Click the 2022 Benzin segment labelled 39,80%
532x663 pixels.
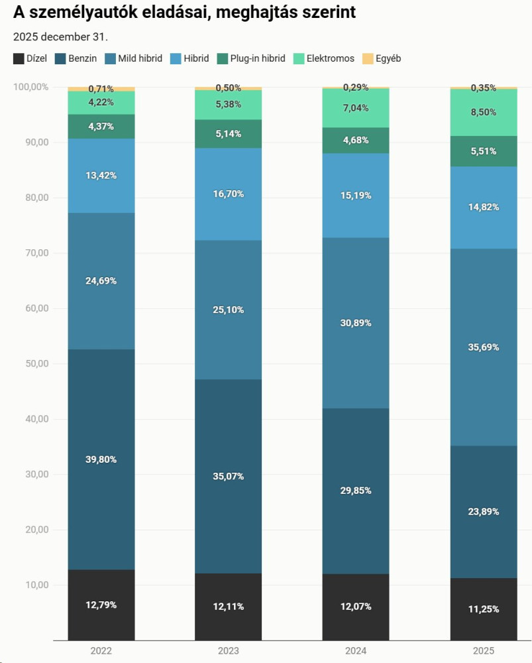click(101, 459)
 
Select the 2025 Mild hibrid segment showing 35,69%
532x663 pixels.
click(483, 347)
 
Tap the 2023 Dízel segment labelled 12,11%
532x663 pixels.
click(228, 607)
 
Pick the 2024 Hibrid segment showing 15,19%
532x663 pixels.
click(356, 196)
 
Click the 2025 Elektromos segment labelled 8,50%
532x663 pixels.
click(483, 112)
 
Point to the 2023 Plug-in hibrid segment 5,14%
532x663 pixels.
click(228, 134)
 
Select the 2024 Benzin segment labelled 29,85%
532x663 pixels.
click(356, 491)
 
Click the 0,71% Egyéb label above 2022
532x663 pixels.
click(101, 89)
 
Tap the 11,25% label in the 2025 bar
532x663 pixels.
click(483, 609)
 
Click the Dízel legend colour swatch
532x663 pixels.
click(19, 58)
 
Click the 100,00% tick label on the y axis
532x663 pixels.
click(31, 87)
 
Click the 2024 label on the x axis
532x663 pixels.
click(356, 651)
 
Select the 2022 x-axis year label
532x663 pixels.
click(101, 651)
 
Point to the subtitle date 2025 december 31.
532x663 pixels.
click(60, 36)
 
